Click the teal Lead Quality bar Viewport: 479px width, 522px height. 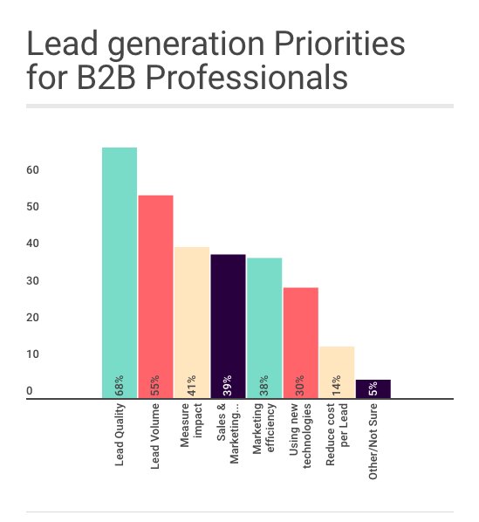pos(120,262)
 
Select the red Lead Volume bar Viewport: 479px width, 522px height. pos(155,288)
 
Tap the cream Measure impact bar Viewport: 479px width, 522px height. pos(191,314)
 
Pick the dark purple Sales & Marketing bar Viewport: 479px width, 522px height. pos(228,319)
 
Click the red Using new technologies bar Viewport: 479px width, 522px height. pos(300,336)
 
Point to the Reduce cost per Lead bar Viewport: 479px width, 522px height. pos(336,367)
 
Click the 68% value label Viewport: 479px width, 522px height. pos(120,385)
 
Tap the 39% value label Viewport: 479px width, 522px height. pos(228,385)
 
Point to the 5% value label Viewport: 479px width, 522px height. pos(373,386)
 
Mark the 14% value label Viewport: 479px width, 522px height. pos(336,385)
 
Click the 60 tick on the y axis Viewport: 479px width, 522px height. pos(31,170)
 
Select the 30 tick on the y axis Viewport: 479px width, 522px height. pos(31,281)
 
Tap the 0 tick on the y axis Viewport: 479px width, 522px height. pos(29,392)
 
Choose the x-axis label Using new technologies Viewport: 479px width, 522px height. pos(300,435)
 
